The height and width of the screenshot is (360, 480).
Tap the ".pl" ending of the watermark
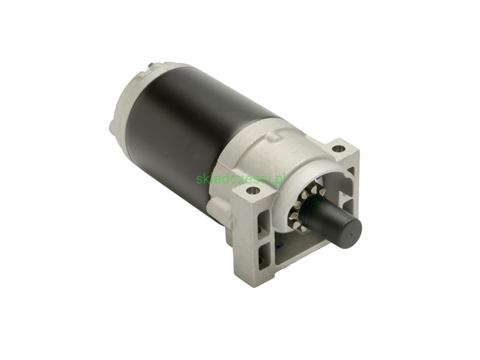point(279,178)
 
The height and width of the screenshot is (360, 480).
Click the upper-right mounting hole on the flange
point(337,149)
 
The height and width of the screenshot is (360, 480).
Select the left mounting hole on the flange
point(253,191)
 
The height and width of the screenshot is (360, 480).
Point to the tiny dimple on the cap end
point(350,235)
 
